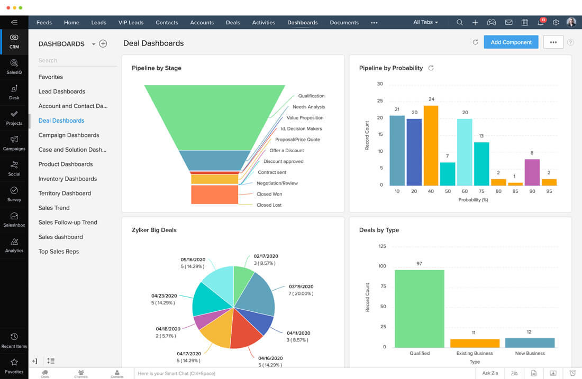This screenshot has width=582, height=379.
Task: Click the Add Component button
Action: coord(511,42)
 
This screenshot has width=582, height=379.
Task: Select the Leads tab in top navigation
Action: coord(98,23)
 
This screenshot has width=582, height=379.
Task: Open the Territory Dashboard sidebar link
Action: coord(65,193)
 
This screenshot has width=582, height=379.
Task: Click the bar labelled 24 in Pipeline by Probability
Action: coord(431,145)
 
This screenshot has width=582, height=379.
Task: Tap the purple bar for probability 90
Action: coord(532,172)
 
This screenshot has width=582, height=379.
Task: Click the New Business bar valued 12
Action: coord(530,343)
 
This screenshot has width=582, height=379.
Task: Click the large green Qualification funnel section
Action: coord(214,117)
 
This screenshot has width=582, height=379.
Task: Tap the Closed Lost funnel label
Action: coord(269,205)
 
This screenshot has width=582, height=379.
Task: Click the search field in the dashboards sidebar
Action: coord(77,61)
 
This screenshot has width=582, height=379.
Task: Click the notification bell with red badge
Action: coord(540,23)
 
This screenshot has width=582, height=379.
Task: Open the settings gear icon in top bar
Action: coord(556,23)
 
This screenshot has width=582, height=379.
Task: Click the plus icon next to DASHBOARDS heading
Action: coord(103,44)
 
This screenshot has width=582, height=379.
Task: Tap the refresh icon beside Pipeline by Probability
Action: coord(431,68)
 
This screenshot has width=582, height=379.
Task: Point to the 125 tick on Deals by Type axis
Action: coord(382,246)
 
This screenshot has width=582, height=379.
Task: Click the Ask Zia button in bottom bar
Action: coord(490,373)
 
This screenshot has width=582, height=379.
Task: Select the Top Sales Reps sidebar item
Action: coord(59,252)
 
